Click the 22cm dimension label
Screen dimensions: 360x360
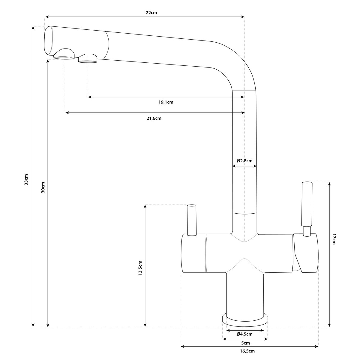(x=151, y=13)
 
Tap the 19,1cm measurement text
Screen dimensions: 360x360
(x=166, y=102)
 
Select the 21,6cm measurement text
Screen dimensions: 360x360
(x=154, y=118)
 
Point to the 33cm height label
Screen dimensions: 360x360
(x=26, y=179)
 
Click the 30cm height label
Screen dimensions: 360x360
(x=43, y=187)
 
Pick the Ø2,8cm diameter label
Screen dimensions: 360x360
(x=244, y=161)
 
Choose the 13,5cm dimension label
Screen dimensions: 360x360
(x=140, y=268)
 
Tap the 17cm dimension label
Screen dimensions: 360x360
(x=334, y=239)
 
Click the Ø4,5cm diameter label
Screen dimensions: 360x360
(x=244, y=334)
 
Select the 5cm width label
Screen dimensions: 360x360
(x=245, y=343)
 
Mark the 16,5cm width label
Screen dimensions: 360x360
(x=247, y=351)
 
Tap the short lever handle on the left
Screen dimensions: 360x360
(x=192, y=220)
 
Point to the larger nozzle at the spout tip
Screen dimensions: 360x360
(x=64, y=54)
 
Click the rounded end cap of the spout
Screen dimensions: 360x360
(x=49, y=41)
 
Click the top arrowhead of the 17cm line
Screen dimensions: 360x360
(x=329, y=184)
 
